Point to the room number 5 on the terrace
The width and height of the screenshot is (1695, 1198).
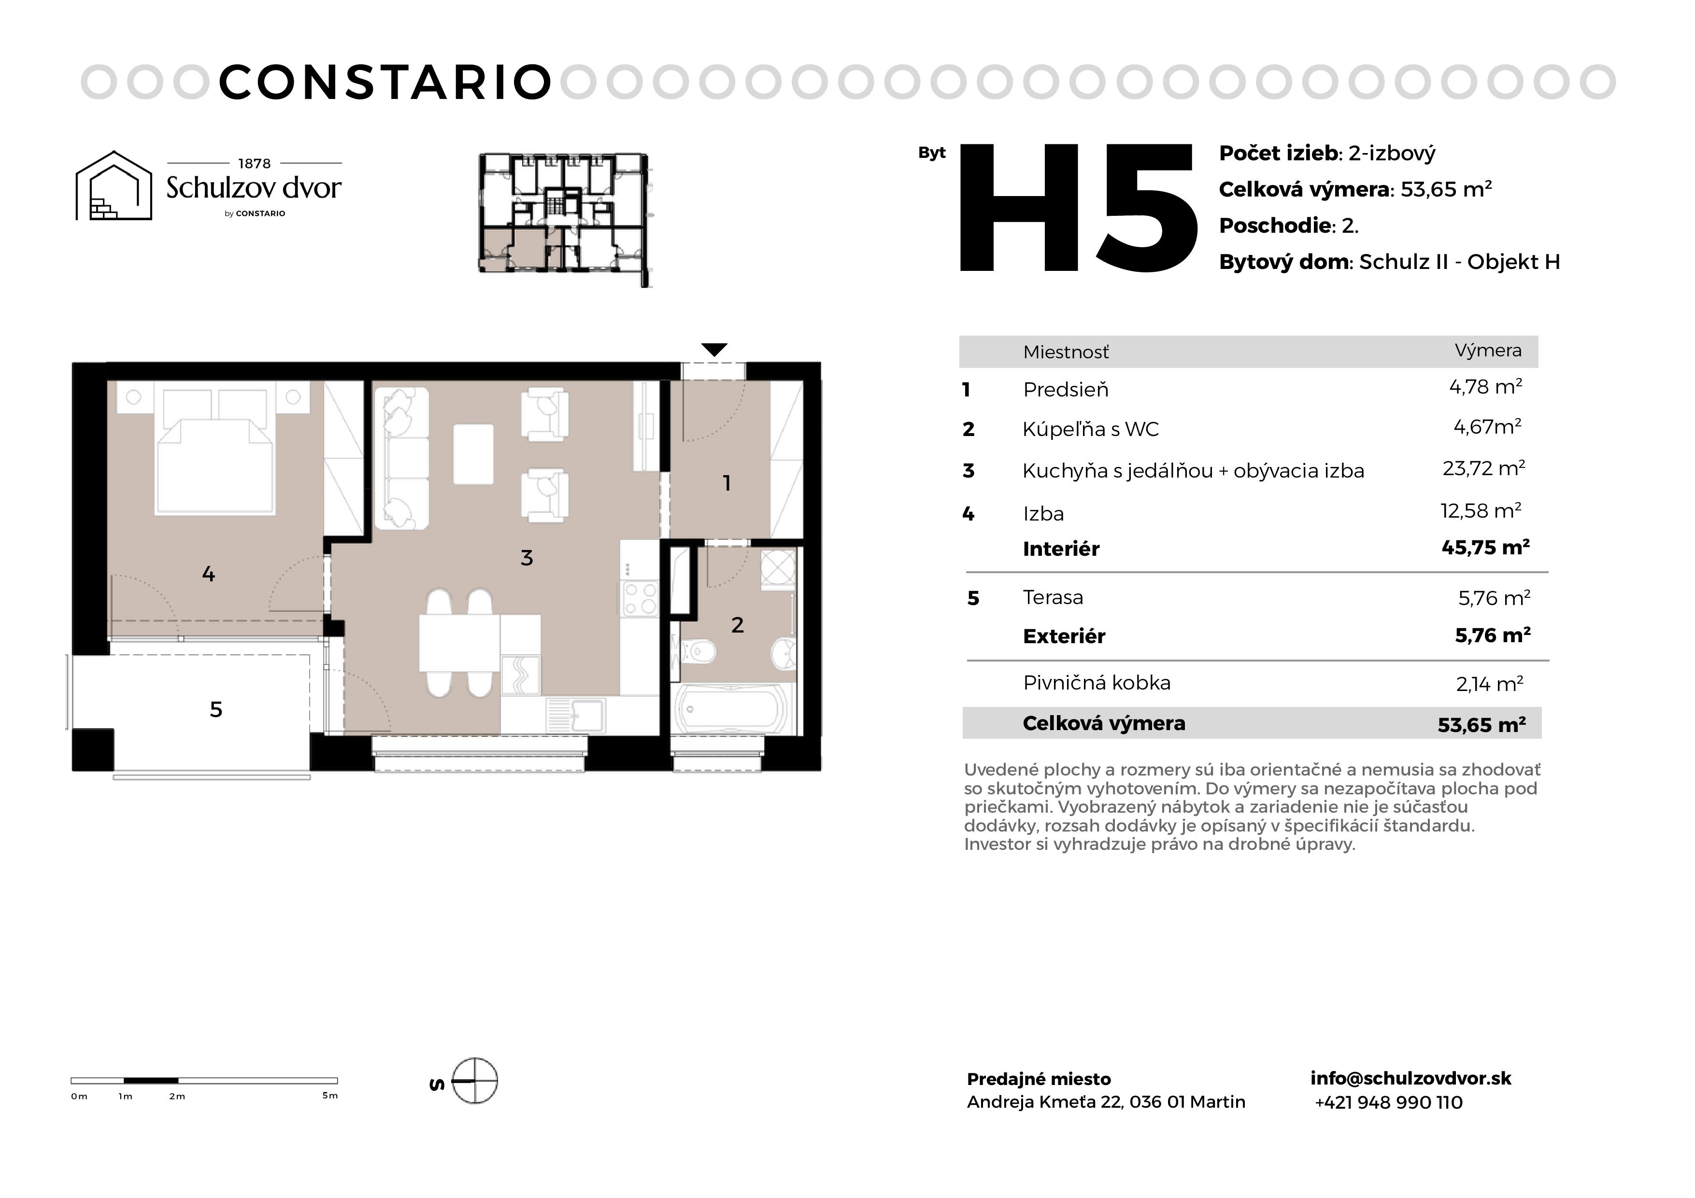pos(215,709)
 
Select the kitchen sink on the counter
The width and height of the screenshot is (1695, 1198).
pos(575,715)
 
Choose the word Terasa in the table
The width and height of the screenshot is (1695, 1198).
pos(1053,597)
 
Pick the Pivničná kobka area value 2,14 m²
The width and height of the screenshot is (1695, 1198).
pos(1490,684)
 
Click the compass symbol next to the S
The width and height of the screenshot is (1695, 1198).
pos(475,1081)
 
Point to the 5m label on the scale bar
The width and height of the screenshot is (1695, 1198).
pos(330,1096)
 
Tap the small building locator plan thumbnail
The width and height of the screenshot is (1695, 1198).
pos(566,219)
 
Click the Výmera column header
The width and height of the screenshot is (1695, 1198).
pos(1488,351)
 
